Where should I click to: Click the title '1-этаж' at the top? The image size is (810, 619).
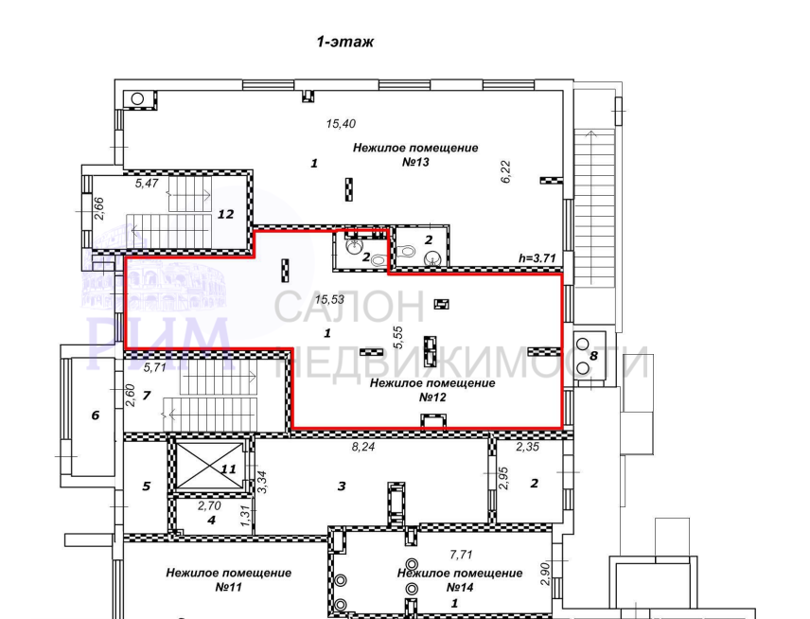click(x=344, y=42)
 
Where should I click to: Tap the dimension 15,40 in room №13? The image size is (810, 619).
click(x=341, y=123)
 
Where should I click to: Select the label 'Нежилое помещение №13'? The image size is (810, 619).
click(x=415, y=154)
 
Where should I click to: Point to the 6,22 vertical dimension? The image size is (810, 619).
click(x=505, y=171)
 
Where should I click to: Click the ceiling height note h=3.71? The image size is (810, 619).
click(x=537, y=257)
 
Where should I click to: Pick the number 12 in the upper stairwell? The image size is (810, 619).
click(x=226, y=214)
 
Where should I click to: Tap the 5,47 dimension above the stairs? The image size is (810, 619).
click(x=146, y=183)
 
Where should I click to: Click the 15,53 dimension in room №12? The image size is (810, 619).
click(x=329, y=299)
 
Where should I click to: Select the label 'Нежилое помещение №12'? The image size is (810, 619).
click(x=432, y=390)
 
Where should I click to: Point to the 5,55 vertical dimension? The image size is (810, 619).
click(x=397, y=338)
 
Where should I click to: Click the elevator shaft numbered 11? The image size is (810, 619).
click(x=209, y=466)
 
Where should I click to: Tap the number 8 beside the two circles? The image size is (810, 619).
click(x=593, y=356)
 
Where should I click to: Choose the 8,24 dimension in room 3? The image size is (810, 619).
click(x=363, y=447)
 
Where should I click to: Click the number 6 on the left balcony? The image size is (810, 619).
click(x=95, y=416)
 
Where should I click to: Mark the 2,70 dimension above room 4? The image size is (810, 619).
click(x=209, y=505)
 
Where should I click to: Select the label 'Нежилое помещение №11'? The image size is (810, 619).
click(x=229, y=580)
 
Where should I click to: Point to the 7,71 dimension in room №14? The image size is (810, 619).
click(x=461, y=555)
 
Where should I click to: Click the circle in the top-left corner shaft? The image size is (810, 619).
click(x=137, y=98)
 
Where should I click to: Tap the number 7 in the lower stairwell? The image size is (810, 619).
click(x=146, y=396)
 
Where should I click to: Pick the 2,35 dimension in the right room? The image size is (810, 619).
click(x=527, y=447)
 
